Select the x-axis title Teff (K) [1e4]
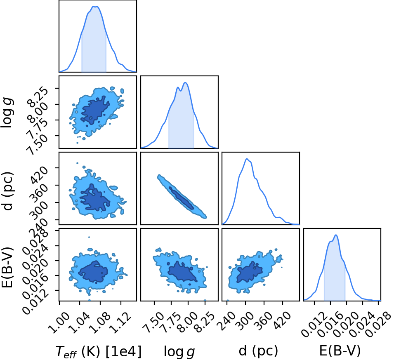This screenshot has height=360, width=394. (98, 351)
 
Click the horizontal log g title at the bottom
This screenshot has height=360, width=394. (179, 351)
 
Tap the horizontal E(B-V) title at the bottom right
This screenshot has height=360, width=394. (340, 351)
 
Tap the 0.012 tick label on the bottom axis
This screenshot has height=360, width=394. (313, 324)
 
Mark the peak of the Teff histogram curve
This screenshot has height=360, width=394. (95, 7)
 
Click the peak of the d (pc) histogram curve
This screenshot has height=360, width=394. (247, 159)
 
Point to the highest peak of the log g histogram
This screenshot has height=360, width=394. (185, 82)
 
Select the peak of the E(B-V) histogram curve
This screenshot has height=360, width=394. (336, 235)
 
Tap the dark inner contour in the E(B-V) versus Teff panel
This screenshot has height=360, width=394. (93, 271)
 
